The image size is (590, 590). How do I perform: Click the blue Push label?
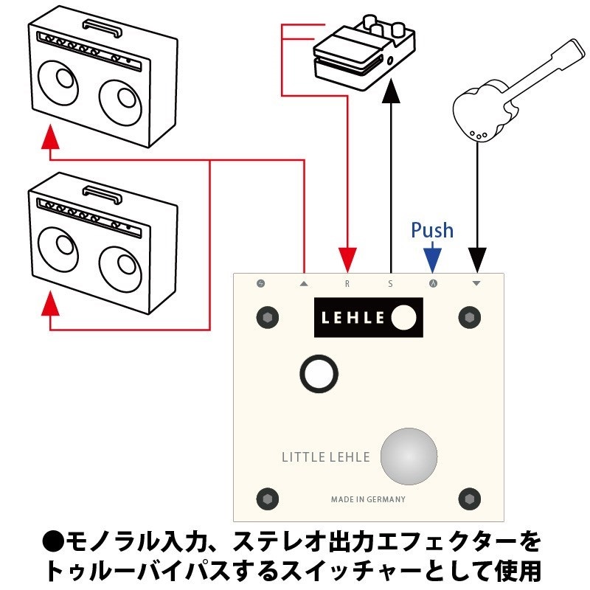click(432, 230)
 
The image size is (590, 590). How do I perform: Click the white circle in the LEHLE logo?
click(404, 317)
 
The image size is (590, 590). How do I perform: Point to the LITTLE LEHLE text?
click(326, 457)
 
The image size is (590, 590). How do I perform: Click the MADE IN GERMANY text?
click(368, 499)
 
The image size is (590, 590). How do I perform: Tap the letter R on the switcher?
click(347, 282)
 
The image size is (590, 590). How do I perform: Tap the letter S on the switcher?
click(390, 282)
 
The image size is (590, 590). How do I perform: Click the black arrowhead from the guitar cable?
click(476, 260)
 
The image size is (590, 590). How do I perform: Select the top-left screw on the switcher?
click(267, 317)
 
